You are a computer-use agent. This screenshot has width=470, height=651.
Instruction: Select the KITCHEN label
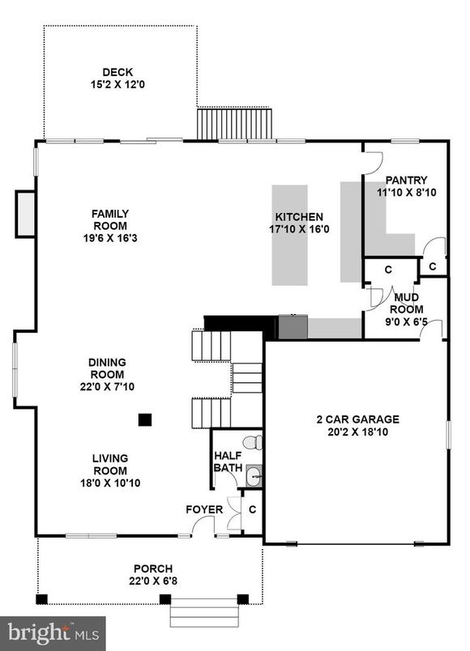point(299,217)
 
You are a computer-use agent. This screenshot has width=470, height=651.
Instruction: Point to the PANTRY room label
point(406,181)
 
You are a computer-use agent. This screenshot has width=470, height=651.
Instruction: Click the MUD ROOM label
point(406,303)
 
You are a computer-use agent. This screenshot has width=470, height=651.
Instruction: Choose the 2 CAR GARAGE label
point(357,419)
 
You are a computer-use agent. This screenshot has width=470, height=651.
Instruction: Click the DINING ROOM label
point(107,368)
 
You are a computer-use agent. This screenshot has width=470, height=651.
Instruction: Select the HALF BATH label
point(228,461)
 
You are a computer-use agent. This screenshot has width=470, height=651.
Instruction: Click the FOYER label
point(204,509)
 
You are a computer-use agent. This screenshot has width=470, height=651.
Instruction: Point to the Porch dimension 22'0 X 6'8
point(153,581)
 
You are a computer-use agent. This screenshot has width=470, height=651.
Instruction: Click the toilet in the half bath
point(253,442)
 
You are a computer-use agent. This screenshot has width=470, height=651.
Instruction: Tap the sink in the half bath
point(254,476)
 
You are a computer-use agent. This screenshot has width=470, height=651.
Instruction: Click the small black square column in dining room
point(145,419)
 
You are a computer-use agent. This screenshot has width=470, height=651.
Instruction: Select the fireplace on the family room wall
point(25,214)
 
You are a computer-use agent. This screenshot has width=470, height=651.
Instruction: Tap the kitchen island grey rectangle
point(289,236)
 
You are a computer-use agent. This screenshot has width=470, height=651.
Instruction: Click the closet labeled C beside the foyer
point(252,509)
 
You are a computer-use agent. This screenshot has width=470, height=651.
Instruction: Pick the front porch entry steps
point(204,613)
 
